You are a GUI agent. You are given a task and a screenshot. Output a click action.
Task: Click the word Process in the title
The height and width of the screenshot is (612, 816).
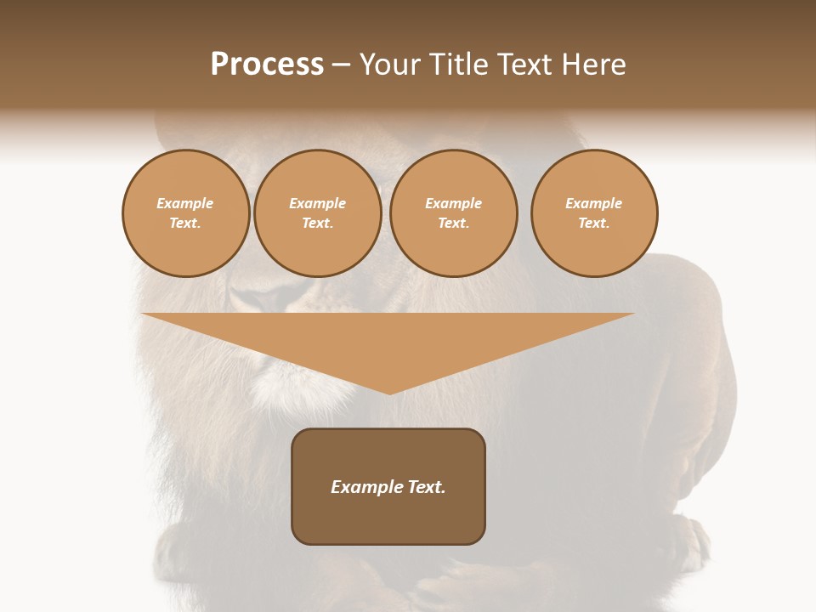click(x=267, y=65)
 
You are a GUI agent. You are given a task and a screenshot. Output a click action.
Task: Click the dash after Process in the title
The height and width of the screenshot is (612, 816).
click(x=342, y=66)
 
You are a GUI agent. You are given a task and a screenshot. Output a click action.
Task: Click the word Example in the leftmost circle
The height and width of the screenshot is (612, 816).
click(x=185, y=203)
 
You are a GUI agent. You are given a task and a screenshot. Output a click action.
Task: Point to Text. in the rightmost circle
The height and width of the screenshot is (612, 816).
click(x=594, y=224)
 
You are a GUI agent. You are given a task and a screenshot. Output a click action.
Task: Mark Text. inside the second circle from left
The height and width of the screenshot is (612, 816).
click(x=318, y=224)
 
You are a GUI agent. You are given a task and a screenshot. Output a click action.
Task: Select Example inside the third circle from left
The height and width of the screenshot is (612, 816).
click(x=454, y=203)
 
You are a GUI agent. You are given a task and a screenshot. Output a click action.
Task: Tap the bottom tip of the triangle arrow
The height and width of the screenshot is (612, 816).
click(x=389, y=392)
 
